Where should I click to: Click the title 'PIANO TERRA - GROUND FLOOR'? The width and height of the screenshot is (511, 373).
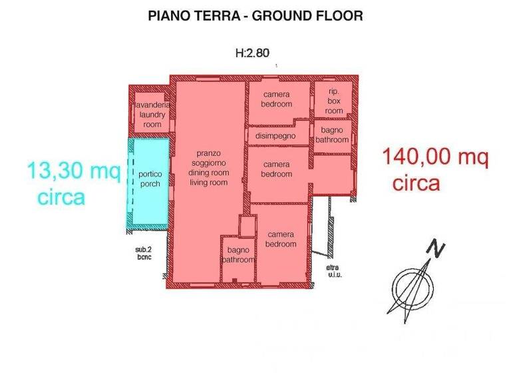(255, 16)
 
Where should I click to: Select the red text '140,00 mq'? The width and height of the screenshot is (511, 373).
(435, 158)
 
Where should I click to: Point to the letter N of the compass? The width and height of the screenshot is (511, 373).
(436, 249)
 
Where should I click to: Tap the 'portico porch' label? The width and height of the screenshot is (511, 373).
(150, 179)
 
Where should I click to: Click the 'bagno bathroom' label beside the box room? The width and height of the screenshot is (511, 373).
(331, 135)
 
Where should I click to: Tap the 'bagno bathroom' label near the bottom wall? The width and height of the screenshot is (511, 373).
(238, 255)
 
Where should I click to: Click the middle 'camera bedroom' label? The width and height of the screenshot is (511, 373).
(277, 169)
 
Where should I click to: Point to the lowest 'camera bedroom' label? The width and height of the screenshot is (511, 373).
(281, 239)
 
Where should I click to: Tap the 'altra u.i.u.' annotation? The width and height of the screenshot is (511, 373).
(333, 272)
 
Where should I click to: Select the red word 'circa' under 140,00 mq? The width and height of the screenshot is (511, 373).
(416, 183)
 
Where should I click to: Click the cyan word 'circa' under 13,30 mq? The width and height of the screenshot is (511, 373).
(61, 197)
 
